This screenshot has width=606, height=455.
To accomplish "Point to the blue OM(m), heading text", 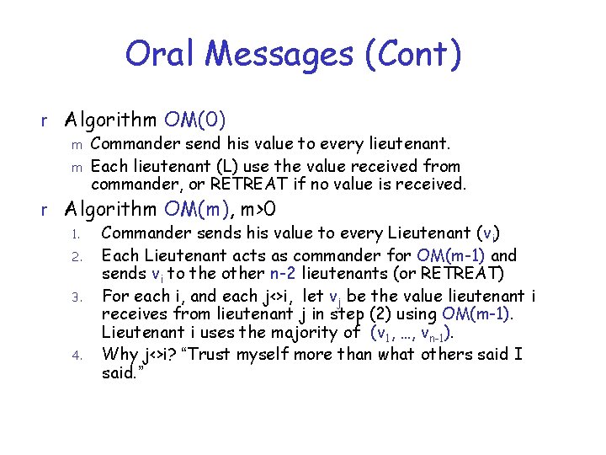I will point(203,207).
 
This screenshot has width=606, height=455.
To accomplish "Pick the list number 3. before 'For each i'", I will point(74,297).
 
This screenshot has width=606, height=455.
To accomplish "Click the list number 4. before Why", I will point(74,356).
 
